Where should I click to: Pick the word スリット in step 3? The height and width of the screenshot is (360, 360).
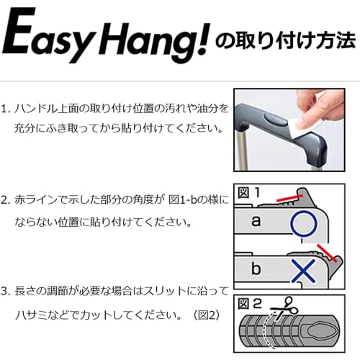click(x=171, y=291)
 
